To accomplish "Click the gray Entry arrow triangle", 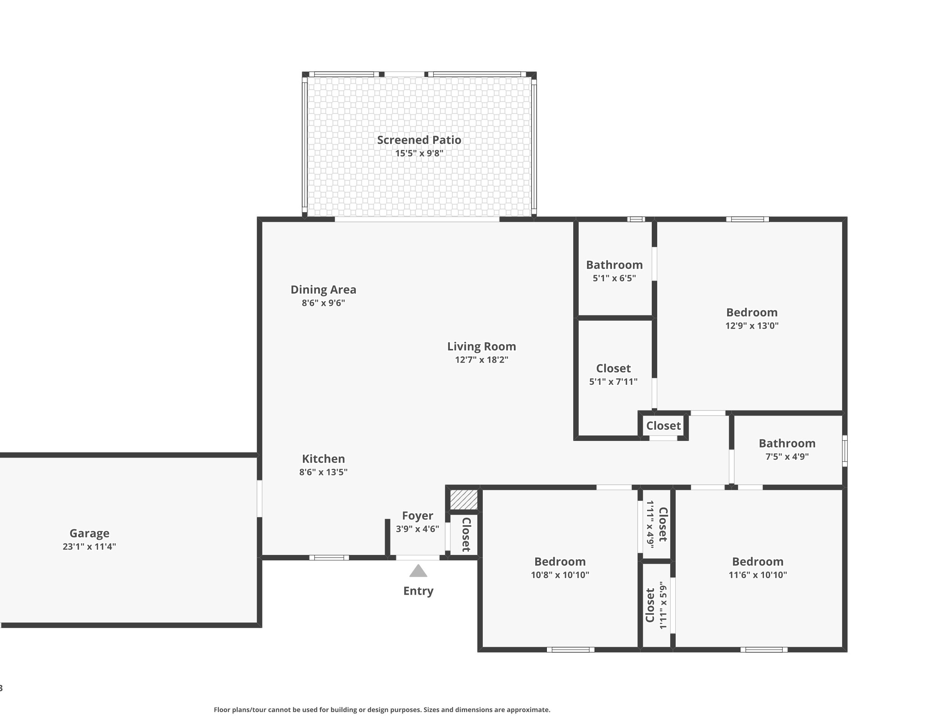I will [418, 571].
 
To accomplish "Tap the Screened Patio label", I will [419, 140].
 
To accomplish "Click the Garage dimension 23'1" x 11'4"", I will [89, 546].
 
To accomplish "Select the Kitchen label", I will [323, 459].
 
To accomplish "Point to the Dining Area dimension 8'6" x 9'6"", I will [323, 303].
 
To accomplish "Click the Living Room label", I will [481, 346].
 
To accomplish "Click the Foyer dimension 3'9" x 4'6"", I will [417, 529].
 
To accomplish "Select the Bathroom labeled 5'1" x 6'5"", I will [614, 265].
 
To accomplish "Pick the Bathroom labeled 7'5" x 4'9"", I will [786, 443].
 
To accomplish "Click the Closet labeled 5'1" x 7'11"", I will [613, 369].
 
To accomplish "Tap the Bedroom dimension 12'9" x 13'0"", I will [751, 325].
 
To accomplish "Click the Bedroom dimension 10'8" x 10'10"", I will [559, 575].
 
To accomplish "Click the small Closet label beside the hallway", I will [663, 426].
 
